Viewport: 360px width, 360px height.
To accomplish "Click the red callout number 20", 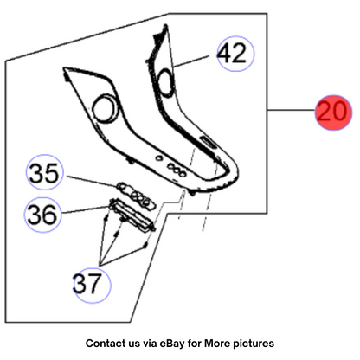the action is coord(333,112).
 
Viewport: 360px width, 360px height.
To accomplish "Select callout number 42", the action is coord(235,54).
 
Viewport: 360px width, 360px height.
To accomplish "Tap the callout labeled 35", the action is coord(44,172).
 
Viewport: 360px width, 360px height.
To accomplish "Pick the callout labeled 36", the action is coord(42,215).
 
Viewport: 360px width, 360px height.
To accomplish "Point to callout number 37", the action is coord(92,285).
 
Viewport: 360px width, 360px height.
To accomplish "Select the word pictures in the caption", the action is coord(254,344).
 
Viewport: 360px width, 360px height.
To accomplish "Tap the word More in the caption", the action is coord(217,344).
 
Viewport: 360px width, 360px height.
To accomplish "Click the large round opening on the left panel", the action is coord(105,108).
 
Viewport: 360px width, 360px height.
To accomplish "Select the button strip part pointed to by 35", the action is coord(136,195).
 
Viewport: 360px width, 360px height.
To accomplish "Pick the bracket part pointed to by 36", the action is coord(132,215).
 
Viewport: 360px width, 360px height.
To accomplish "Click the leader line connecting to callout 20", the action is coord(292,110).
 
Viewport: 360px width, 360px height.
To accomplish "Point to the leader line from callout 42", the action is coord(191,61).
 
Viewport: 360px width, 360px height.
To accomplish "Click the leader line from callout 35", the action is coord(93,181).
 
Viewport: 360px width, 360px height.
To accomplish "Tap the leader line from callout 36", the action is coord(86,209).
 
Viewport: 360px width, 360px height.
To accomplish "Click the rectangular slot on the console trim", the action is coord(208,142).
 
